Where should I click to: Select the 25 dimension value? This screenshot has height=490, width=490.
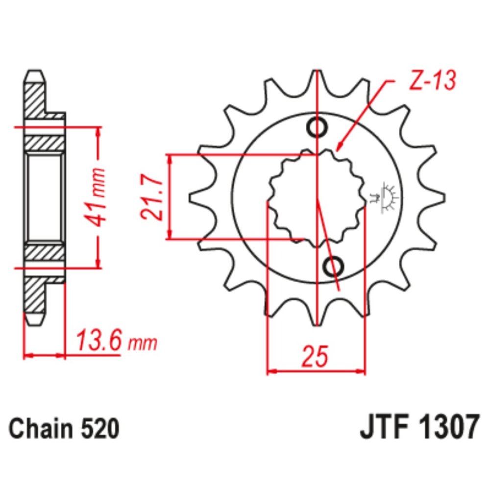point(314,357)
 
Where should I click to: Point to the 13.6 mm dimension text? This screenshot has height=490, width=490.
point(116,341)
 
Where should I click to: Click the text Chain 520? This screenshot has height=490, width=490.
point(64,429)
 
